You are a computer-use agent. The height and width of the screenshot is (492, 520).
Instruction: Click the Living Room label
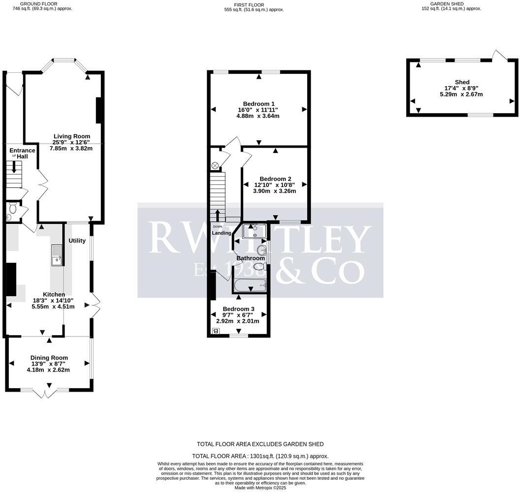(x=72, y=136)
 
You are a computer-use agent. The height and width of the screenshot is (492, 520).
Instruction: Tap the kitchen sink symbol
(x=56, y=255)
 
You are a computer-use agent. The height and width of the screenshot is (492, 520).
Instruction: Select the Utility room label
(x=77, y=241)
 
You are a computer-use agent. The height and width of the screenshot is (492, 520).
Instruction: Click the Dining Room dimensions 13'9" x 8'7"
(x=49, y=364)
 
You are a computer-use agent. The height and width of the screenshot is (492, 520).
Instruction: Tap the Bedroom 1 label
(x=259, y=104)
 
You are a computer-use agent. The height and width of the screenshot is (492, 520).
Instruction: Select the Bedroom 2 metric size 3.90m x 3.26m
(x=275, y=191)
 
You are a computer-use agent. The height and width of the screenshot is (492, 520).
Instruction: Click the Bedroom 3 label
(x=238, y=309)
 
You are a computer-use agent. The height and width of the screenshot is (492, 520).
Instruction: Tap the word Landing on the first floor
(x=222, y=233)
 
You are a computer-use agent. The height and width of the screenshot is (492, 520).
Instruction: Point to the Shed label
(x=462, y=82)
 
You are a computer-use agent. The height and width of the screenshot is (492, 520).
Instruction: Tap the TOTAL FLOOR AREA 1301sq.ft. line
(x=260, y=456)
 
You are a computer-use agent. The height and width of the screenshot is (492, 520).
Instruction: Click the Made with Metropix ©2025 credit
(x=260, y=488)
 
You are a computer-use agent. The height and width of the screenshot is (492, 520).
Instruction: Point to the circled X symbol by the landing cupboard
(x=215, y=165)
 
